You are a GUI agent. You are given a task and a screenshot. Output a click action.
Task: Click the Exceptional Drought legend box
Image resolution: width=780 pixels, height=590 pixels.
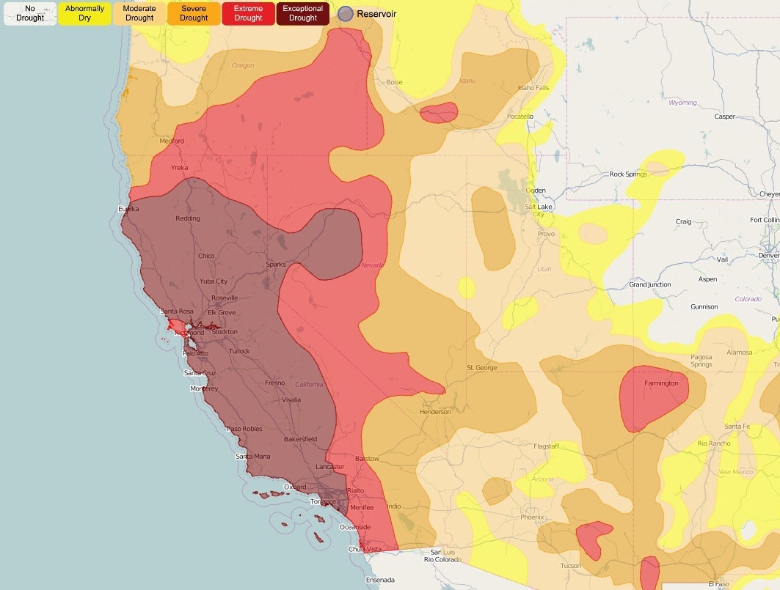click(303, 13)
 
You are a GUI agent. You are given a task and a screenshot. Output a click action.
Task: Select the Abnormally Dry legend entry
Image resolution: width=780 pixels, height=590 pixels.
click(84, 13)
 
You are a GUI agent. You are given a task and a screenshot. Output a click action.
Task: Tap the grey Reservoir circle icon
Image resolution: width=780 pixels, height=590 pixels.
click(346, 13)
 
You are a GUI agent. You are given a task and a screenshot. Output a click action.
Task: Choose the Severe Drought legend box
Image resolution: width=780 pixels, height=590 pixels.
click(194, 13)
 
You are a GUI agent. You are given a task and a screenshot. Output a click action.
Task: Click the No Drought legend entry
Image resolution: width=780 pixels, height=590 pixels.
click(30, 13)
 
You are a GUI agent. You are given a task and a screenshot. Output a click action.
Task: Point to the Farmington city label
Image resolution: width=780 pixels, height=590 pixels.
click(661, 383)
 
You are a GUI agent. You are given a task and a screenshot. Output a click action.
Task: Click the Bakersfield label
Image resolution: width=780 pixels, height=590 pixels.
click(300, 439)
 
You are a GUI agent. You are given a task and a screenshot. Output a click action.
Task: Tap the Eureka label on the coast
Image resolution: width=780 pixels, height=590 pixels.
click(128, 209)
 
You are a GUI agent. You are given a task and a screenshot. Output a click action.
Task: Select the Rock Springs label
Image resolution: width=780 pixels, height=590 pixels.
click(627, 174)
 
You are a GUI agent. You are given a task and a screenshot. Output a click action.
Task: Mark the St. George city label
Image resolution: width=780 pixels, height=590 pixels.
click(481, 367)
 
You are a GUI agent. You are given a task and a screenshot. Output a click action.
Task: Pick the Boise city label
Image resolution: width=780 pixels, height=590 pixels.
click(394, 82)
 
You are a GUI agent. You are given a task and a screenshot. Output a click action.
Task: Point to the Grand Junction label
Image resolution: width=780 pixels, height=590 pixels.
click(649, 284)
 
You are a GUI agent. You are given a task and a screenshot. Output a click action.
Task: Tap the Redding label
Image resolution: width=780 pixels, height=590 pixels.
click(188, 218)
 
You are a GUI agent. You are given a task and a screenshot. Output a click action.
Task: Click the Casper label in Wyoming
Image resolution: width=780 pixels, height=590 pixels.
click(724, 117)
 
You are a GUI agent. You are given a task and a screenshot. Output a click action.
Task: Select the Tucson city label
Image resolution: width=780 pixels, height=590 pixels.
click(570, 565)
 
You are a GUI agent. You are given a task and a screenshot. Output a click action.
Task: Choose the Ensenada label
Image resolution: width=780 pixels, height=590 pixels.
click(380, 580)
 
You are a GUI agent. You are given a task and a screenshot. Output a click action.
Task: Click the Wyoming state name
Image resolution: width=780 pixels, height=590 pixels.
click(682, 103)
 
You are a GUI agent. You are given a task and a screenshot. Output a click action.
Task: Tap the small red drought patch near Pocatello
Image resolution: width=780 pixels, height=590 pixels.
click(439, 112)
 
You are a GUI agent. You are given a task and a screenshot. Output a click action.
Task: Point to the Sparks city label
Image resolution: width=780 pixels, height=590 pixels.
click(276, 264)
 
